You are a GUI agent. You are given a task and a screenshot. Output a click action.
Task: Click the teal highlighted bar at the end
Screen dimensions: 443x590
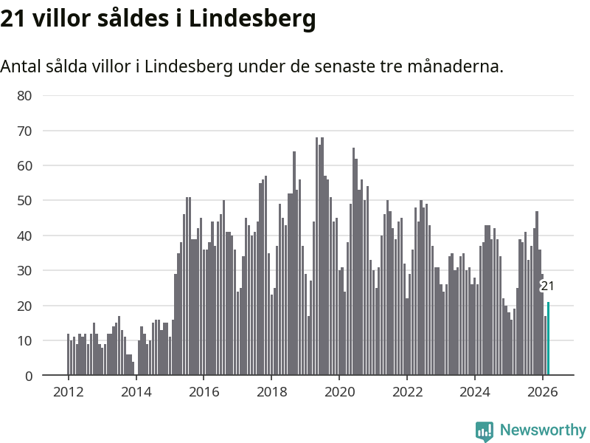click(x=548, y=339)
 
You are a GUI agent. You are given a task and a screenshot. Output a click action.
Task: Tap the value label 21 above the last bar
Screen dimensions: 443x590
click(x=547, y=286)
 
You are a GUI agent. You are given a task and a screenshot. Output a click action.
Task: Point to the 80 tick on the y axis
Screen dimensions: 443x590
click(x=24, y=95)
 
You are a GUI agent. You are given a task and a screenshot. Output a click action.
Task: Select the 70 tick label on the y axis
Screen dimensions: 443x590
click(x=24, y=131)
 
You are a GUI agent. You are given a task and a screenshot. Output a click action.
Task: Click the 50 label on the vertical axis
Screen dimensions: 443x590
click(x=24, y=201)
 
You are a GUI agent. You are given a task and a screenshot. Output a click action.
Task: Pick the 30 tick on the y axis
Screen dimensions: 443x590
click(x=24, y=271)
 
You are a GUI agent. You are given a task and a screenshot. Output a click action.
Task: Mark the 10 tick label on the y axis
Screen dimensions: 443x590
click(x=24, y=341)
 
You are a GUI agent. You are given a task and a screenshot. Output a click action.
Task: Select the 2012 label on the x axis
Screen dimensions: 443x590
click(x=68, y=392)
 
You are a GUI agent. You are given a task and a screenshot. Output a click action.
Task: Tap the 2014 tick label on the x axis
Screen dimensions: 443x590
click(x=136, y=392)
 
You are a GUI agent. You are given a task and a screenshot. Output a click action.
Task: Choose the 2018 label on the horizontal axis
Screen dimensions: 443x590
click(x=271, y=392)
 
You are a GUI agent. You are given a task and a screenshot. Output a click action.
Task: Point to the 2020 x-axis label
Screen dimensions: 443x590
click(x=339, y=392)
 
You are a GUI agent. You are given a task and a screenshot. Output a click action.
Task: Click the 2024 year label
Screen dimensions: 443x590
click(x=475, y=392)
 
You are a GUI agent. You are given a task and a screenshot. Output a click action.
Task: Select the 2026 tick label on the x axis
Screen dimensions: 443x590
click(x=543, y=392)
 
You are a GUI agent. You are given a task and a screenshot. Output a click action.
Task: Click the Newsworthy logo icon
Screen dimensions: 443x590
click(x=484, y=430)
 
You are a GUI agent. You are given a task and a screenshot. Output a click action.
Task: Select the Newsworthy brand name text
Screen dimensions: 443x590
click(x=543, y=430)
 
